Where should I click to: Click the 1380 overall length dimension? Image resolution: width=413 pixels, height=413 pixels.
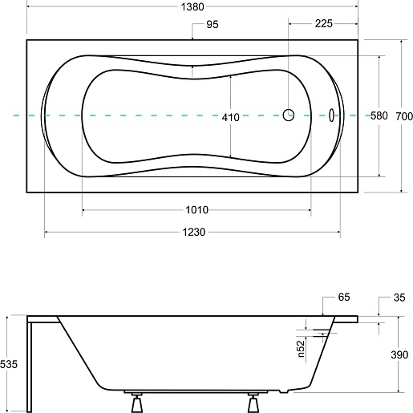tap(192, 7)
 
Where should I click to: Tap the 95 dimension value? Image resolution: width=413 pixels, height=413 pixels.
tap(213, 24)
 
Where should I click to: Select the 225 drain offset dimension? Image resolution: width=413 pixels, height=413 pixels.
tap(324, 23)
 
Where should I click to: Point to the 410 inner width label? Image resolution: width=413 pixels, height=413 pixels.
tap(230, 117)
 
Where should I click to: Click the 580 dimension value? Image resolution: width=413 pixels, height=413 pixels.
tap(379, 115)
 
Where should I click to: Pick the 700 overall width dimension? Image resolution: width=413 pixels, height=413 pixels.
tap(404, 116)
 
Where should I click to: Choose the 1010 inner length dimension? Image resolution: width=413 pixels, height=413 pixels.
tap(197, 210)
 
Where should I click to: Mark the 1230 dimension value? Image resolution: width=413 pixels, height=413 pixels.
tap(194, 232)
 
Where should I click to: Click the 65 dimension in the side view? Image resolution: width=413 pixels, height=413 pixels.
tap(344, 297)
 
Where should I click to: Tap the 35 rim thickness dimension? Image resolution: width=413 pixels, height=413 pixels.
tap(399, 298)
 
